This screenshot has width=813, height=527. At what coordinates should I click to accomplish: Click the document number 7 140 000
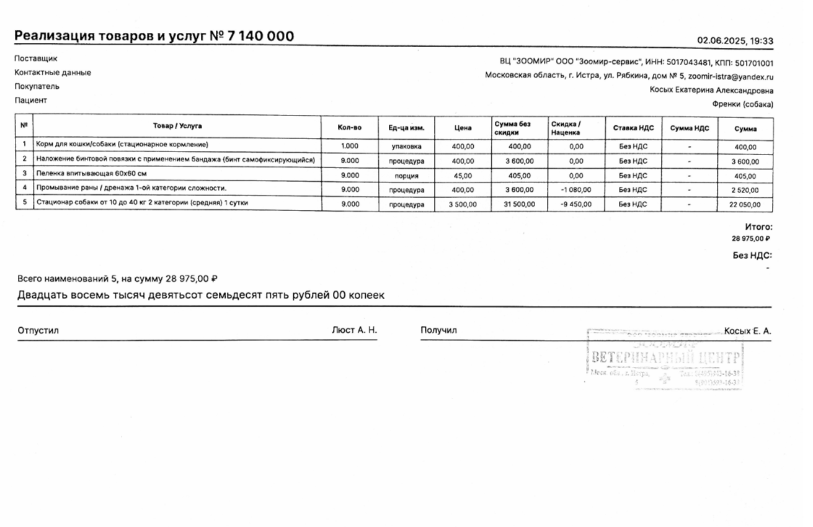pyautogui.click(x=261, y=36)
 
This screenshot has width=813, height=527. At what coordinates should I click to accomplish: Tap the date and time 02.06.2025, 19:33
pyautogui.click(x=735, y=41)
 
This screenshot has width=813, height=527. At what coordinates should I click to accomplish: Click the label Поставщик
pyautogui.click(x=36, y=58)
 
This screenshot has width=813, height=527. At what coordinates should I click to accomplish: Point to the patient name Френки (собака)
pyautogui.click(x=742, y=104)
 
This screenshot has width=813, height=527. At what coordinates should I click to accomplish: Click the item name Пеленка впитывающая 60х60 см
pyautogui.click(x=92, y=173)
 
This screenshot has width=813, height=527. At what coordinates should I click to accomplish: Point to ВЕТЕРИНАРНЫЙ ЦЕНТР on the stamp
pyautogui.click(x=665, y=358)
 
